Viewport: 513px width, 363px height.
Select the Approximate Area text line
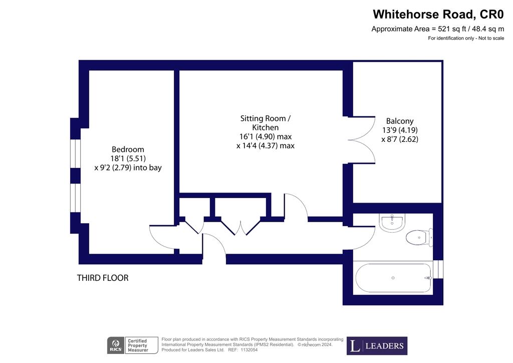coord(437,29)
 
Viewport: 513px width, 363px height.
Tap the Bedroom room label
coord(128,149)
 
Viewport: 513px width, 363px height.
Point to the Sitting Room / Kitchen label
coord(265,119)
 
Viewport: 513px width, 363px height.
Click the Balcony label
coord(399,121)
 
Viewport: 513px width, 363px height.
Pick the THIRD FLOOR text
coord(103,277)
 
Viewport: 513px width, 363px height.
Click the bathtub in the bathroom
coord(393,278)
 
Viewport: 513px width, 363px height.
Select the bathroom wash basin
coord(392,222)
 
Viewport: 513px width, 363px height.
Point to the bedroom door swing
coord(161,236)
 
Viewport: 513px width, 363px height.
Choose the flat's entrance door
coord(214,249)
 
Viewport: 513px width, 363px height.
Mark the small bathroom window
coord(438,269)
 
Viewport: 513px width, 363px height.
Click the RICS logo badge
coord(116,345)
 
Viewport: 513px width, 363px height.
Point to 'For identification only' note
coord(466,39)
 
